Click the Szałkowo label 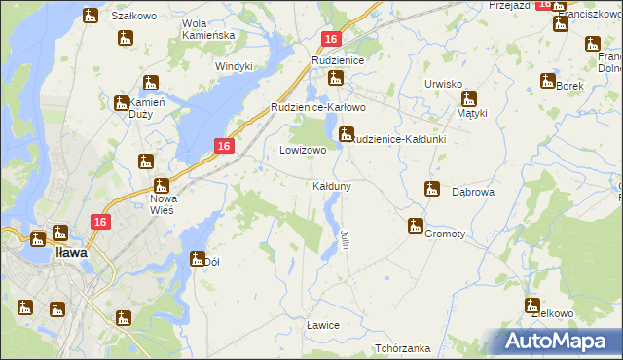click(x=134, y=17)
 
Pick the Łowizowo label click(x=303, y=151)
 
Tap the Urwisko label click(x=443, y=84)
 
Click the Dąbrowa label click(x=474, y=193)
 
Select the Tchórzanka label click(x=402, y=348)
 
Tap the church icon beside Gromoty click(x=416, y=226)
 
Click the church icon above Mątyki click(x=469, y=98)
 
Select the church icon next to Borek click(x=547, y=81)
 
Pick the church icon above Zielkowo click(x=532, y=306)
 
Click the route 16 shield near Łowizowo click(x=224, y=146)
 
